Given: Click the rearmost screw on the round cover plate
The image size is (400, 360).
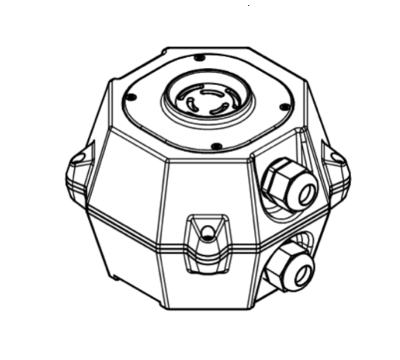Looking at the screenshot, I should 199,58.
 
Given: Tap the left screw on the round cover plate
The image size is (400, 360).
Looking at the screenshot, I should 129,96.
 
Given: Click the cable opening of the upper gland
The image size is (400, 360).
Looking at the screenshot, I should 303,193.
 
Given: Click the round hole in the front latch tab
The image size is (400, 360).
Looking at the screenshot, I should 208,234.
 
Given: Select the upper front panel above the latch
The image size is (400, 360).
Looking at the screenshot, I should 207,185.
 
